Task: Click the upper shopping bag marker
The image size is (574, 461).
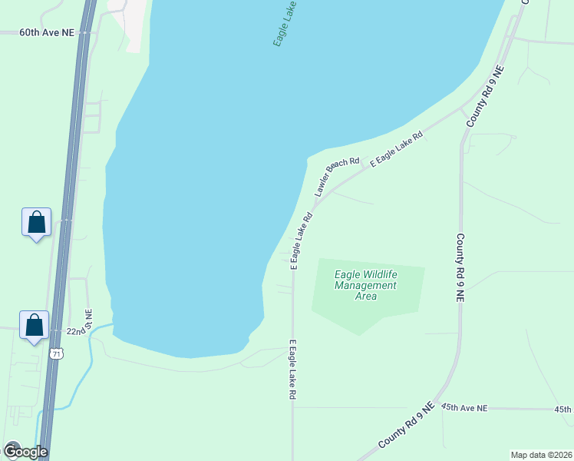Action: coord(36,223)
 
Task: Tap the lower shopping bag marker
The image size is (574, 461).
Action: coord(35,326)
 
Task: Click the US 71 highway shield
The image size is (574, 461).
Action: coord(54,353)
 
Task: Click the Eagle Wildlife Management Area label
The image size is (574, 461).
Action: coord(366,286)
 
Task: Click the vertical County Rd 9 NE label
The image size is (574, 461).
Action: coord(460,268)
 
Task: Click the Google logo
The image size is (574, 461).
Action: coord(25,452)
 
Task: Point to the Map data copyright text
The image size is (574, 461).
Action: coord(541,455)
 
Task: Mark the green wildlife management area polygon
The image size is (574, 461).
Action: coord(399,307)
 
